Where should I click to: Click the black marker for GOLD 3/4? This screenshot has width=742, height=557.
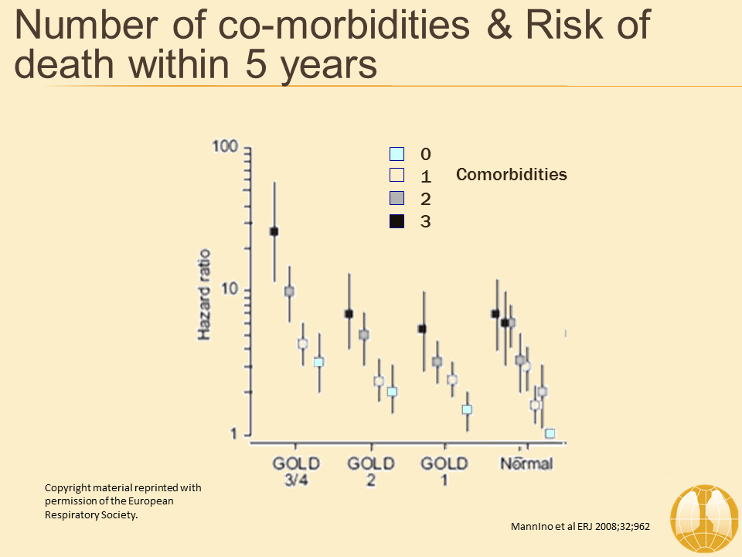click(274, 231)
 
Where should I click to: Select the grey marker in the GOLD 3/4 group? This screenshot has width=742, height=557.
click(289, 292)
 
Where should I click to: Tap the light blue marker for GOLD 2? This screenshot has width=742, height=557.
click(392, 391)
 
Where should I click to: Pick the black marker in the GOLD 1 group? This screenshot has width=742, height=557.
click(422, 329)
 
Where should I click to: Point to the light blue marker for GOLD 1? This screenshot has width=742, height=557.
click(467, 409)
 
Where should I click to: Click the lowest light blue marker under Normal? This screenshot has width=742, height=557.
click(550, 433)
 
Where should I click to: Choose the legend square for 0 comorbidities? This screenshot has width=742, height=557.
click(397, 154)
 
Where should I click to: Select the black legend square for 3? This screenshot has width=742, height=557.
click(397, 221)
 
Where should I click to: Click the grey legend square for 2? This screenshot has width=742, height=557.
click(397, 199)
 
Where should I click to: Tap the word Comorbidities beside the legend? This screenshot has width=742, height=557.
click(512, 175)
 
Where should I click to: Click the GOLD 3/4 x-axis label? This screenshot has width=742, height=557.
click(295, 472)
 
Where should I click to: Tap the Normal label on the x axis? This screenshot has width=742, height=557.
click(526, 464)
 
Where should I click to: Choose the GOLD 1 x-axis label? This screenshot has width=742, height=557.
click(444, 472)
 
